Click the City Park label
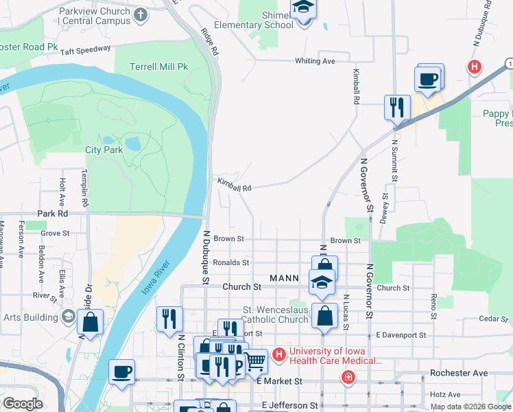click(x=104, y=150)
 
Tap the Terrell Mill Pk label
click(x=159, y=67)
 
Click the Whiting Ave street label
click(x=315, y=61)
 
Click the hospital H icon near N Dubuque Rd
click(x=473, y=67)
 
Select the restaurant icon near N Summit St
click(x=396, y=107)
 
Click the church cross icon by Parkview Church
click(x=141, y=14)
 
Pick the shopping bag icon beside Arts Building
click(x=90, y=321)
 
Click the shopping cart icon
click(x=255, y=360)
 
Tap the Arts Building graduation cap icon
click(x=68, y=316)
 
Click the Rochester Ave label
click(x=458, y=373)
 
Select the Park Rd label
click(x=51, y=214)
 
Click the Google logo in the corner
click(x=22, y=404)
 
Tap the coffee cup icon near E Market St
click(x=122, y=371)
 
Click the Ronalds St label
click(x=230, y=262)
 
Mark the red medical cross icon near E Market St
click(x=348, y=378)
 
